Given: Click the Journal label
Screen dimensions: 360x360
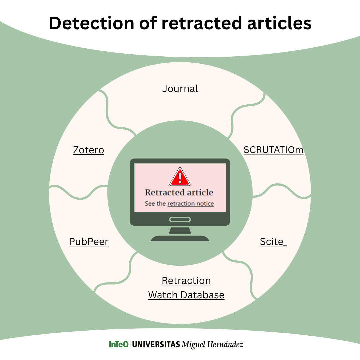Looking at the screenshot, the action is tap(180, 89).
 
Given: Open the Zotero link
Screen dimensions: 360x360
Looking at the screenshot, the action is tap(89, 150).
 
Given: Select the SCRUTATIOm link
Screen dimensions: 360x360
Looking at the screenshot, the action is tap(273, 150).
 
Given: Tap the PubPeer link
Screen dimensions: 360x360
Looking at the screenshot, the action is tap(89, 242).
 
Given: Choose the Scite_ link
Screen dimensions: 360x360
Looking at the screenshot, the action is tap(273, 242).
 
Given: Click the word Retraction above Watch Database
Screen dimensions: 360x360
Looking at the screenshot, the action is tap(186, 281).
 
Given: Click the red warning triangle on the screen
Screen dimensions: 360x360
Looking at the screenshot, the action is tap(180, 177).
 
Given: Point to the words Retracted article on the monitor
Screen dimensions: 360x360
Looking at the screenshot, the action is tap(179, 192).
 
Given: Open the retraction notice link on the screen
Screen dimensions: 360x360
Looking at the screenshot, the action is tap(191, 204).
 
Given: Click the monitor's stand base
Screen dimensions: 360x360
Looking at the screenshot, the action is tap(180, 238).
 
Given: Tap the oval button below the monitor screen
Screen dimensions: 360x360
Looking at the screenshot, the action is tap(180, 219).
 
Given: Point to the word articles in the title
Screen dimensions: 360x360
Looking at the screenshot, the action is tap(279, 23).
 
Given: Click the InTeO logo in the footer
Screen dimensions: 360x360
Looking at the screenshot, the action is tap(118, 344).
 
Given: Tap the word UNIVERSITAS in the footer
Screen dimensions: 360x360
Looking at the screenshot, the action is tap(156, 344).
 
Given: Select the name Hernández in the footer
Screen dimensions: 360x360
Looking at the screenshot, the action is tap(225, 344).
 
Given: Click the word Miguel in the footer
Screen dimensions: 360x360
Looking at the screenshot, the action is tap(194, 345).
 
